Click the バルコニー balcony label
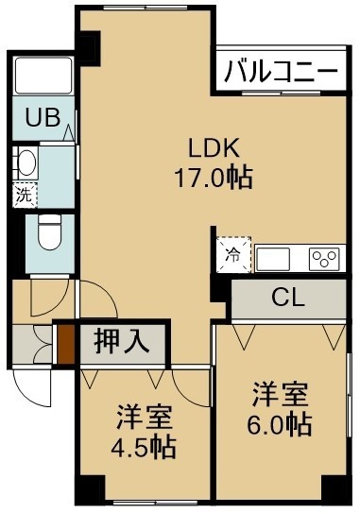click(281, 71)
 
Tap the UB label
click(43, 117)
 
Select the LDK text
click(213, 149)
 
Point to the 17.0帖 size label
click(214, 178)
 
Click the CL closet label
click(288, 298)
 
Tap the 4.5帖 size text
click(144, 447)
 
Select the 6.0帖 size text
click(279, 424)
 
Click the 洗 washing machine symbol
click(26, 196)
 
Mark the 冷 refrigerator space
click(233, 255)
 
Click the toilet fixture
click(49, 232)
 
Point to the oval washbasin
click(27, 162)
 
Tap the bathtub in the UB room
click(43, 76)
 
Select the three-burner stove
click(324, 259)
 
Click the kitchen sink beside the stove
click(273, 259)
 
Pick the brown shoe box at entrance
click(66, 344)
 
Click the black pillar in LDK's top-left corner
click(89, 47)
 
